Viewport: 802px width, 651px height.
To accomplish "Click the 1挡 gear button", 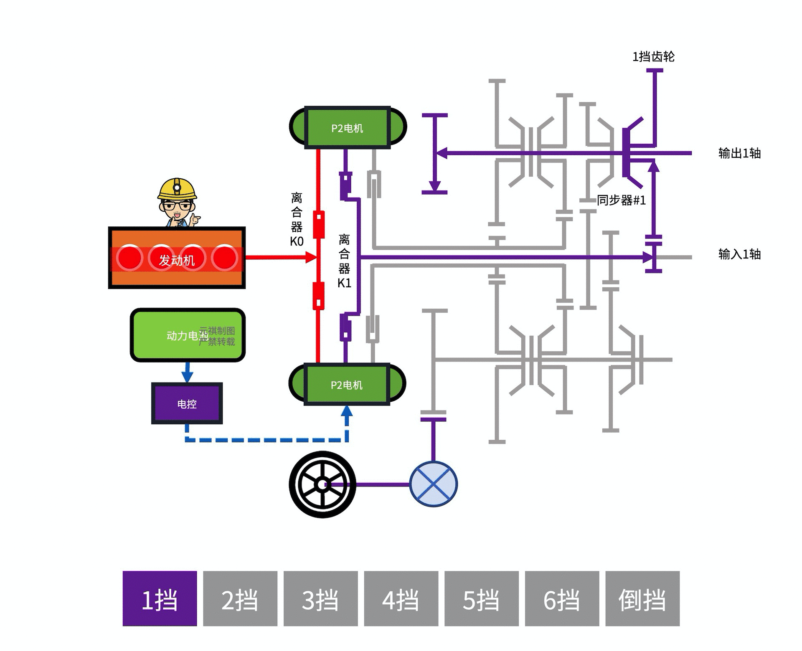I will click(160, 598).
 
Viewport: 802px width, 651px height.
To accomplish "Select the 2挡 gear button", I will click(240, 598).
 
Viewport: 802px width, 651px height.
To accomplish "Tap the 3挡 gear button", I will click(320, 598).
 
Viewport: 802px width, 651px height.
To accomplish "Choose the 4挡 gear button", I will click(401, 598).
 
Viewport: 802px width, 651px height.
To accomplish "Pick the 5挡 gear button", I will click(481, 598).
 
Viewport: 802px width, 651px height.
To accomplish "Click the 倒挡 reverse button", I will click(642, 598).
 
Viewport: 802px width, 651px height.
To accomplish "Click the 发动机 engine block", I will click(177, 258).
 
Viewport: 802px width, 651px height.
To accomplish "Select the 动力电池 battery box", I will click(187, 335).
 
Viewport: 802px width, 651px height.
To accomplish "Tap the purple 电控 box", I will click(187, 403).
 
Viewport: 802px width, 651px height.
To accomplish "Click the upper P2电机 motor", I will click(348, 127).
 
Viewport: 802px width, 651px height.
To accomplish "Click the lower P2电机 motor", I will click(347, 384).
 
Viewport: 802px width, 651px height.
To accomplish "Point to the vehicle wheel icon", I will click(322, 484).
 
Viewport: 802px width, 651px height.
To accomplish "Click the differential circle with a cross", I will click(434, 484).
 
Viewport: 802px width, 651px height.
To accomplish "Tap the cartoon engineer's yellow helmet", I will click(177, 189).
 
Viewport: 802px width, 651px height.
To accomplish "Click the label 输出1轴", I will click(739, 153).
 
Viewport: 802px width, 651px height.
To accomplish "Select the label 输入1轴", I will click(739, 254).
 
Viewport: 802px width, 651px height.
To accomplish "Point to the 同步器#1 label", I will click(621, 200).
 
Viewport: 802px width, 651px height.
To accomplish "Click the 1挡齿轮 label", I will click(653, 57).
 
